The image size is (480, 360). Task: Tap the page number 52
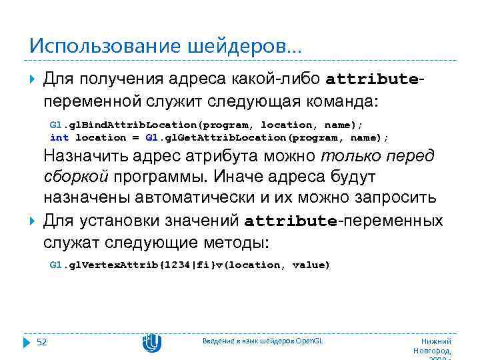tap(41, 342)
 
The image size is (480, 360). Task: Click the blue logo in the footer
tap(152, 343)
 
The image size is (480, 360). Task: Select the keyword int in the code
tap(59, 137)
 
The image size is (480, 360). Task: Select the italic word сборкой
tap(75, 178)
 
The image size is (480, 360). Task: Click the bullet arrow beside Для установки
tap(33, 221)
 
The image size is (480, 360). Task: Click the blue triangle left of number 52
tap(27, 343)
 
